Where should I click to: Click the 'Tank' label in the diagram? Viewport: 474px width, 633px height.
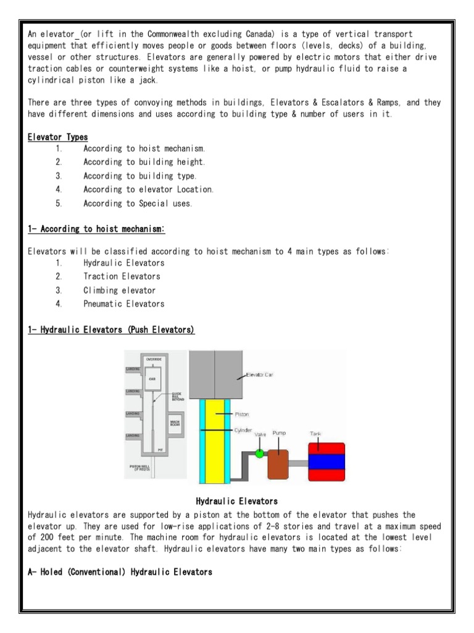pos(315,434)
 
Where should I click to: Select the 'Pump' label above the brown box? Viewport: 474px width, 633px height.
pos(280,434)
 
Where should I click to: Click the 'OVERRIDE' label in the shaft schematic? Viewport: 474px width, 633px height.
pos(153,359)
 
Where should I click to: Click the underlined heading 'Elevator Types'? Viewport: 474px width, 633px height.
pos(57,136)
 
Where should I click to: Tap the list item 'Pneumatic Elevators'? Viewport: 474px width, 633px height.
pos(124,304)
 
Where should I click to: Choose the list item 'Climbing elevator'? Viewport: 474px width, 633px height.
pos(119,290)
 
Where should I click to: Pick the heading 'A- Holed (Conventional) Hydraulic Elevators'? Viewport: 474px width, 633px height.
pos(120,572)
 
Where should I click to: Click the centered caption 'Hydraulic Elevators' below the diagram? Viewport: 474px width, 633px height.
pos(236,501)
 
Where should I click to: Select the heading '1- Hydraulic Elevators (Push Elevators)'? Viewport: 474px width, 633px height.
pos(111,331)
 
